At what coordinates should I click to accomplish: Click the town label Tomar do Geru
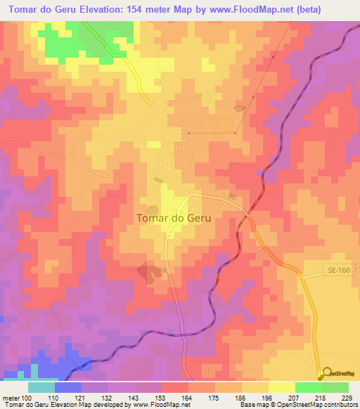pos(173,218)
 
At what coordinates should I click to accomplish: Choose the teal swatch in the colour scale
pos(41,388)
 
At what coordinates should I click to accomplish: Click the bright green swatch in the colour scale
pos(309,388)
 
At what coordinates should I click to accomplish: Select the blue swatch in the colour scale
pos(68,388)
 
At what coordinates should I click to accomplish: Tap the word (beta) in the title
pos(336,8)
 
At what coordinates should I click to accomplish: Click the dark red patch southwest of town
pos(148,271)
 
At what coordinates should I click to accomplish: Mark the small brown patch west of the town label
pos(158,180)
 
